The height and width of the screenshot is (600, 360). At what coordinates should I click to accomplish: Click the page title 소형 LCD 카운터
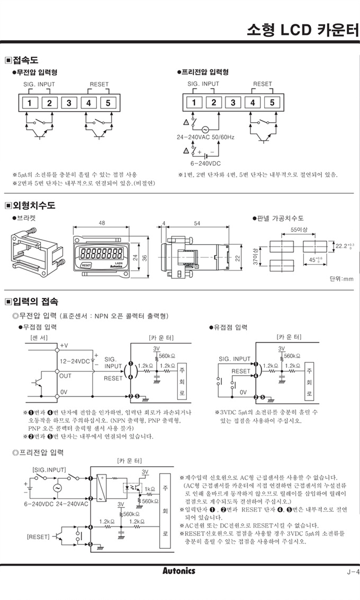tap(303, 30)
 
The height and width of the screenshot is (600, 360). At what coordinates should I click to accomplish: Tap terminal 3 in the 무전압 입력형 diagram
tap(69, 103)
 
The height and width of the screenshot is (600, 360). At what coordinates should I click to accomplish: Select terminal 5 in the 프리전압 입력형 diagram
tap(272, 103)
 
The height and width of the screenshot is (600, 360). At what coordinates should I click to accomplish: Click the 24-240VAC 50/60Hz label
tap(208, 137)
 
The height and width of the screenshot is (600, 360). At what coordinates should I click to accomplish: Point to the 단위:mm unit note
tap(341, 279)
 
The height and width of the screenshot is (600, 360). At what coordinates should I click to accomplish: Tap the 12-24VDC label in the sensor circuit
tap(74, 361)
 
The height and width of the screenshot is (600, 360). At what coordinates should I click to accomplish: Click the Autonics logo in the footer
tap(178, 571)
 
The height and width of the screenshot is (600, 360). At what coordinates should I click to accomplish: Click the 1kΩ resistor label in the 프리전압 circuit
tap(149, 489)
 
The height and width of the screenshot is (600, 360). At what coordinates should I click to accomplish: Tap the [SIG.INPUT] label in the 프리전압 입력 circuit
tap(49, 469)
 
